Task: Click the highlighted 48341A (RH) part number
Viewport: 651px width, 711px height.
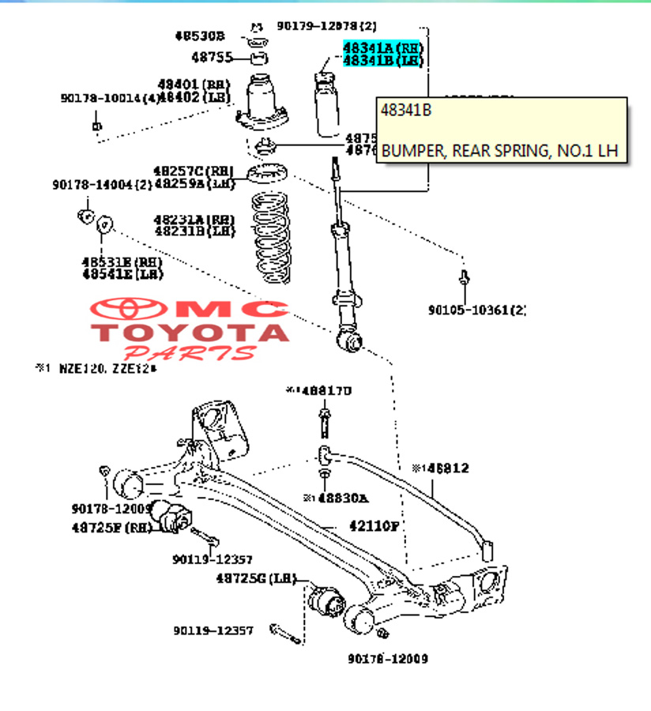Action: coord(382,48)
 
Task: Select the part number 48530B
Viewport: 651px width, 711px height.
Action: coord(200,36)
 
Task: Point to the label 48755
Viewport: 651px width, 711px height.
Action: coord(210,57)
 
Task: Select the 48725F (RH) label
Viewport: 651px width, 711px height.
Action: coord(111,527)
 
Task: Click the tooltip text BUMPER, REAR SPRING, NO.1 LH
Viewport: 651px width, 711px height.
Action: coord(499,150)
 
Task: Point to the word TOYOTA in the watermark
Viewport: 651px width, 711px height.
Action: coord(190,332)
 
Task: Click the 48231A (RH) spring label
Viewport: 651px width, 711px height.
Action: coord(194,219)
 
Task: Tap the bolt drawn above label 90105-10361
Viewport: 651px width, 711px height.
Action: coord(464,278)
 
